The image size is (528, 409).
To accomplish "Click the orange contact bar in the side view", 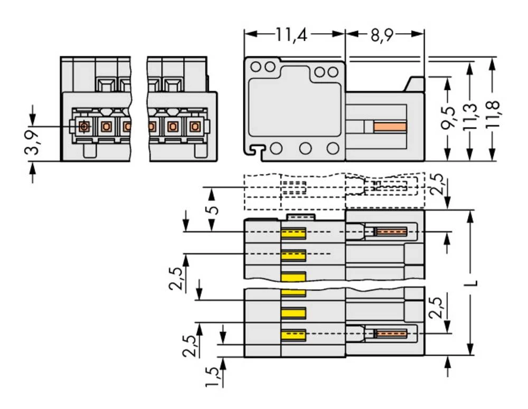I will (390, 127).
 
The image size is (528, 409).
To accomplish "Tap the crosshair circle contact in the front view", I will (83, 127).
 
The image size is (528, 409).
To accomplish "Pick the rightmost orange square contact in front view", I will (195, 127).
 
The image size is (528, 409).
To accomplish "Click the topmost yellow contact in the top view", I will (294, 233).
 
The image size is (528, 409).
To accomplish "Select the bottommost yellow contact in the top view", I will (294, 335).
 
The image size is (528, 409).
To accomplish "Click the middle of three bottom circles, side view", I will (305, 148).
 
